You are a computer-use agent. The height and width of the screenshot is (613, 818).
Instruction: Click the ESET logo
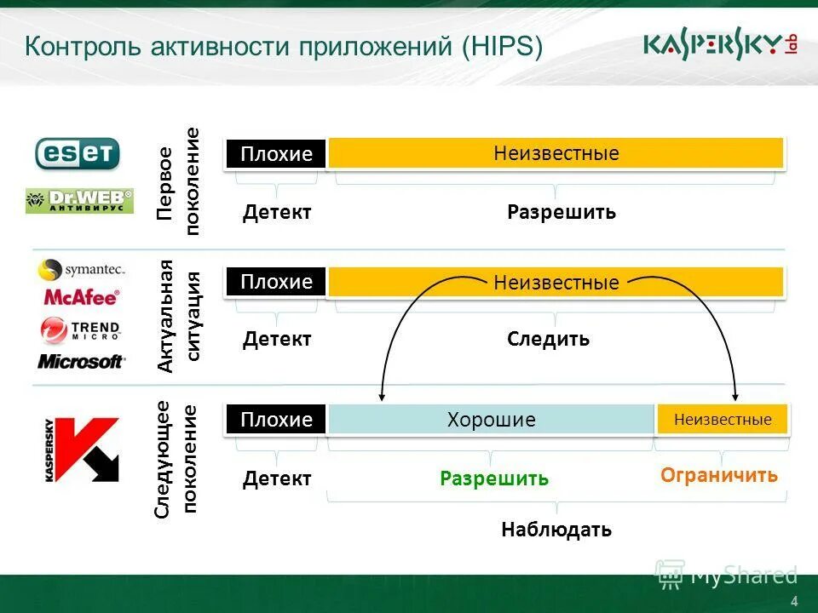(77, 153)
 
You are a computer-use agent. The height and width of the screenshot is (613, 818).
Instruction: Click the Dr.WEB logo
(79, 201)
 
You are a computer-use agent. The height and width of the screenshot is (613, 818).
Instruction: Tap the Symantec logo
(82, 270)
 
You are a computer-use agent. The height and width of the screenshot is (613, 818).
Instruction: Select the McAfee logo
(81, 298)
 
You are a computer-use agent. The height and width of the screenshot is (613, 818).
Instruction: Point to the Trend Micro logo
(81, 329)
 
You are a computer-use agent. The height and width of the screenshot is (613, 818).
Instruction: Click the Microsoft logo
(81, 362)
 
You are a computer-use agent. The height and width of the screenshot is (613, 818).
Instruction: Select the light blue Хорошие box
(491, 419)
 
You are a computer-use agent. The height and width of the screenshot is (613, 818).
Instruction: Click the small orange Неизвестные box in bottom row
(722, 419)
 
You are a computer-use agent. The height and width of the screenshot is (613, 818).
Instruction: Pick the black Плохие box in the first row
(275, 154)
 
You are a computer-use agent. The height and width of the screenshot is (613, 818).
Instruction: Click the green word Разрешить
(494, 478)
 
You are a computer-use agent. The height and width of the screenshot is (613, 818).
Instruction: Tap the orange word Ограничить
(718, 475)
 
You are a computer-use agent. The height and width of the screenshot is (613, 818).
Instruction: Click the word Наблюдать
(556, 530)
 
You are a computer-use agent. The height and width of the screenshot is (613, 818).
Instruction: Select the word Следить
(548, 339)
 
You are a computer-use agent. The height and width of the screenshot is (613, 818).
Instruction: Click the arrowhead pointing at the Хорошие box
(383, 394)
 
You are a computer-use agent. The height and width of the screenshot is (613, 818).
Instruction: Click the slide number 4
(794, 602)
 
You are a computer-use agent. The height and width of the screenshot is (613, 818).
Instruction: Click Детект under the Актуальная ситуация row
(277, 339)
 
